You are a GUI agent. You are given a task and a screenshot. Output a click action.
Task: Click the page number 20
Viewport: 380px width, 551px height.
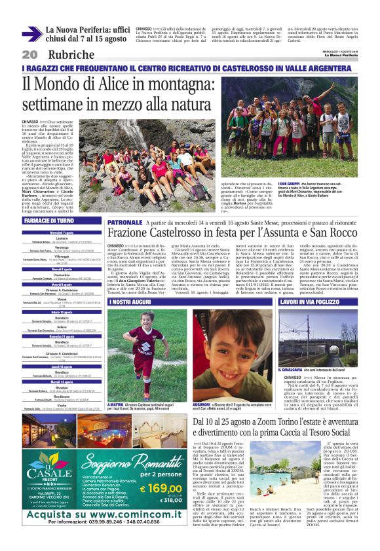[x=29, y=54]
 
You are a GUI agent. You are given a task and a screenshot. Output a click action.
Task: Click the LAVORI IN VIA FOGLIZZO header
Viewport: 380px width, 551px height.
[x=311, y=303]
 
